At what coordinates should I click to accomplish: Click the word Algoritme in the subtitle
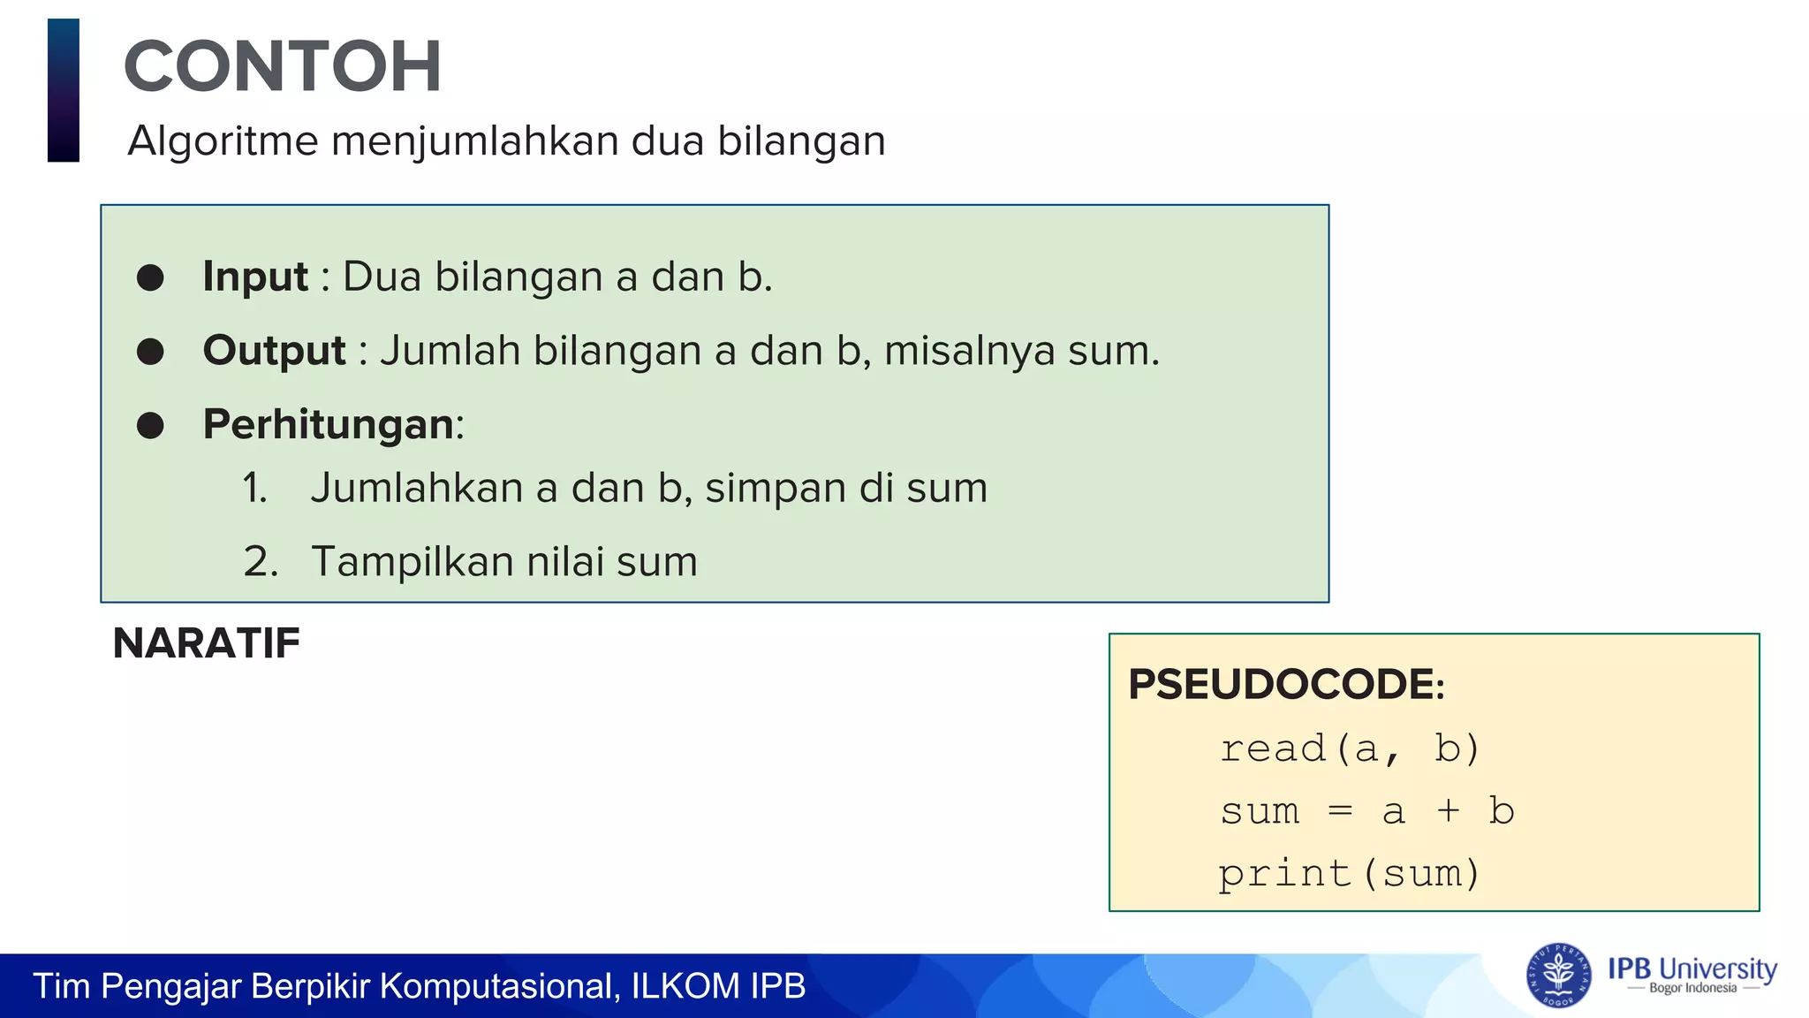223,141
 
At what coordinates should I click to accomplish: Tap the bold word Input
255,277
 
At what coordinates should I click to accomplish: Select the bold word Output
275,351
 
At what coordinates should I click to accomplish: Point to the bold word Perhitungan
329,424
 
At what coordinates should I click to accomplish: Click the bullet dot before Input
150,277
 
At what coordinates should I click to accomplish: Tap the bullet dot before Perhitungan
150,425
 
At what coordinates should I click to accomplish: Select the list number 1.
254,489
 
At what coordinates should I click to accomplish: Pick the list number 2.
260,562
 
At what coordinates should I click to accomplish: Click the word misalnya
969,351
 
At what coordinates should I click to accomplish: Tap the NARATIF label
207,643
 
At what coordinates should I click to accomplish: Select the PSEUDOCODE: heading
1286,685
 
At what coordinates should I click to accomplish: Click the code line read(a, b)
1349,748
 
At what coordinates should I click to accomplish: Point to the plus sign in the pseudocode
1448,810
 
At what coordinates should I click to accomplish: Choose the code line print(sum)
1349,874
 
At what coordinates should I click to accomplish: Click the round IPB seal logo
1558,976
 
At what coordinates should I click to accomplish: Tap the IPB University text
1692,969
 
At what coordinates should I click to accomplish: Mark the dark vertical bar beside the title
64,90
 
